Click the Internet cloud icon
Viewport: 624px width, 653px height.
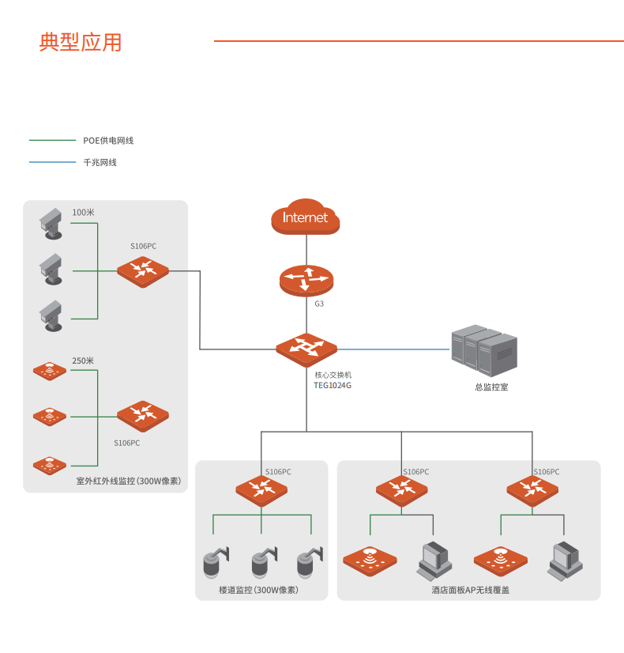click(305, 217)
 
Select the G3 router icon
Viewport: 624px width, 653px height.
click(306, 279)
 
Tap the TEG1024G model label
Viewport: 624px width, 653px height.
click(333, 385)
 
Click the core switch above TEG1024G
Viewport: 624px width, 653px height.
click(306, 349)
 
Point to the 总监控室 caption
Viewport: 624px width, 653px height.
click(491, 387)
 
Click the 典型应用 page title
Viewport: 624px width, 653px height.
click(81, 42)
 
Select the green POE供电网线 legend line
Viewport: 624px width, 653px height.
click(51, 141)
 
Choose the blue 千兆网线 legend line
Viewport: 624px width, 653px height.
click(51, 162)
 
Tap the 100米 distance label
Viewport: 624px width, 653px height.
click(83, 213)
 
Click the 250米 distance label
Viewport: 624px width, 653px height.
click(83, 360)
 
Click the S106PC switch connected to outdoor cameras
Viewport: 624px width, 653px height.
click(143, 270)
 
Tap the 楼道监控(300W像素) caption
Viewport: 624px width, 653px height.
click(257, 590)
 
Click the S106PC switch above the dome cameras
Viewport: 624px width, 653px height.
click(261, 489)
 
